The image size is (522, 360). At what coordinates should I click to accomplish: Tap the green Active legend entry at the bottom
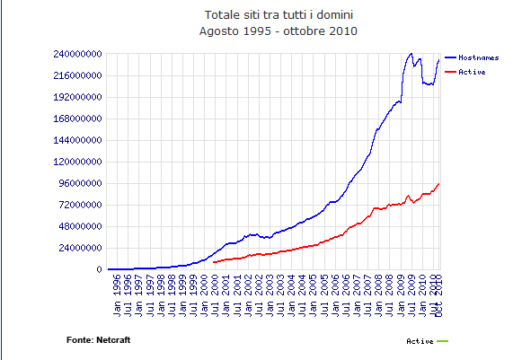(x=427, y=341)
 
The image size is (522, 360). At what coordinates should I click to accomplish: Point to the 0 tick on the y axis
(x=99, y=269)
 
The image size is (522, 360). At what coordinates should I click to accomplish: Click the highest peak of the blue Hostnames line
(x=411, y=53)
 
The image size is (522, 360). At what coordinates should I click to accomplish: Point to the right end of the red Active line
(x=439, y=183)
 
